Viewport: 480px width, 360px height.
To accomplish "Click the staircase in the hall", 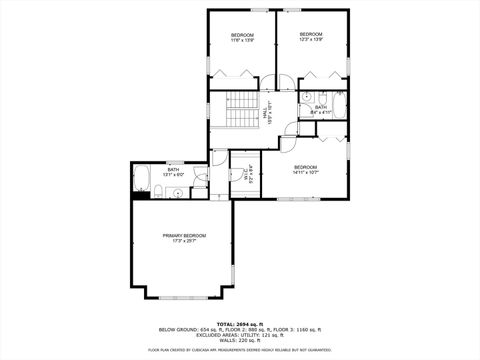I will click(x=241, y=110).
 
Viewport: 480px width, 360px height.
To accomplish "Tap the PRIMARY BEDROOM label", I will click(x=182, y=234).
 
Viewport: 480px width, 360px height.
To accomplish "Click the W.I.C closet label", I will click(x=245, y=175).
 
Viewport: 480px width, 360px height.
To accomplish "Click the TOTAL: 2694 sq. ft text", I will click(x=240, y=322).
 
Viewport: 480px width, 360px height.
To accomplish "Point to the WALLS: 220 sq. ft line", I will click(x=240, y=340).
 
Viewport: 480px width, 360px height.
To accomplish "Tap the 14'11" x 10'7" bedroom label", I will click(x=305, y=170).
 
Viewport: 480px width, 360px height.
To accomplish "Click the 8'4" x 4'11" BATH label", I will click(x=321, y=111).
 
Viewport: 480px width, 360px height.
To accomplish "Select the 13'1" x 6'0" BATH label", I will click(x=174, y=172).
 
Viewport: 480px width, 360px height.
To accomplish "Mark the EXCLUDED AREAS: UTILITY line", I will click(x=240, y=334).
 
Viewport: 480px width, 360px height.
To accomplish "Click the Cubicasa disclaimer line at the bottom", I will click(x=240, y=350).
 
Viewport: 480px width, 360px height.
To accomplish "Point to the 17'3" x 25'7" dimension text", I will click(x=182, y=240).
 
